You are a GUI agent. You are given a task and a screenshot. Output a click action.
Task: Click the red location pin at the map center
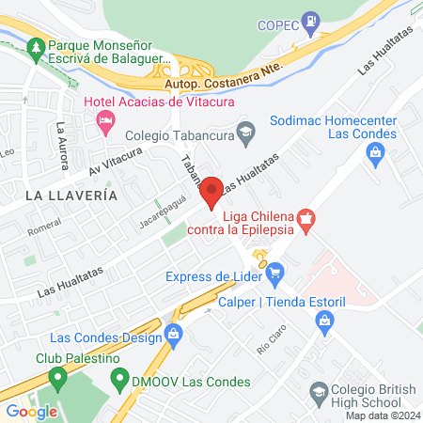(212, 191)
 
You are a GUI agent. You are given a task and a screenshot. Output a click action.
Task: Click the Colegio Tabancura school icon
(245, 131)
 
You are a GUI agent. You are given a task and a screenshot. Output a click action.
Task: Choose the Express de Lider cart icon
(274, 275)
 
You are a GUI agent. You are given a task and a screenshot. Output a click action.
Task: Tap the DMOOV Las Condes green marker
(118, 381)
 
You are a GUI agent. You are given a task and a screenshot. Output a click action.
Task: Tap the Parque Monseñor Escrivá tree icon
(36, 45)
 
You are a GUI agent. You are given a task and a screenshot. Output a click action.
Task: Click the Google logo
(32, 411)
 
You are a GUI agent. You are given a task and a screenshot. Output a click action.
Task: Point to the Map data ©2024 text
(381, 415)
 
